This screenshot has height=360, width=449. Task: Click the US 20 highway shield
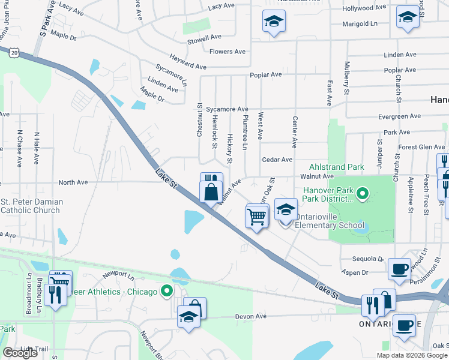click(13, 53)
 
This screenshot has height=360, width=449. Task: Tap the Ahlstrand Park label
click(337, 167)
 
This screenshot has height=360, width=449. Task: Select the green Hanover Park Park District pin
click(362, 193)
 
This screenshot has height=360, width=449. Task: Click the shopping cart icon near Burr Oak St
click(256, 216)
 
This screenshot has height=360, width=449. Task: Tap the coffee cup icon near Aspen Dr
click(399, 268)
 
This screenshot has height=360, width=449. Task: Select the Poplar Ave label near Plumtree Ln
click(267, 75)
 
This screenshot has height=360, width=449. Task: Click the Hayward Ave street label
click(188, 62)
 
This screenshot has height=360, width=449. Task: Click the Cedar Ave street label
click(277, 160)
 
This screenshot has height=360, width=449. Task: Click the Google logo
click(20, 353)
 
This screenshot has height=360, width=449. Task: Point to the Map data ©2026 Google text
click(412, 355)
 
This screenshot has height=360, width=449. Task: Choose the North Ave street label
click(73, 182)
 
